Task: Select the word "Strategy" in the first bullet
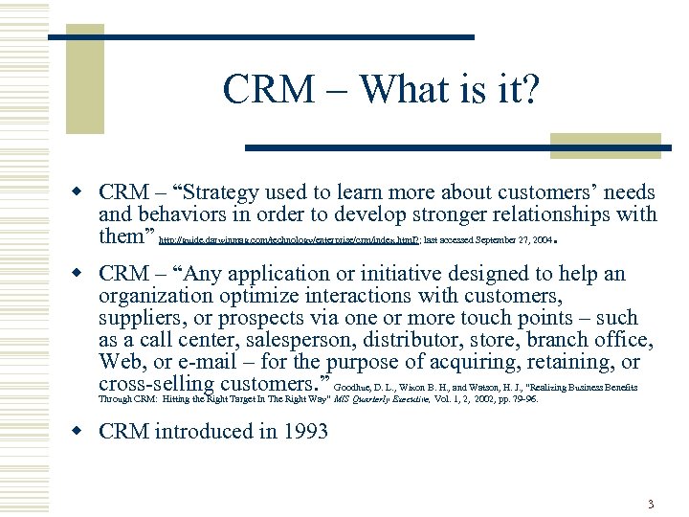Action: pyautogui.click(x=230, y=192)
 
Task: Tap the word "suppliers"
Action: pyautogui.click(x=138, y=319)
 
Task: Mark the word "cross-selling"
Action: pyautogui.click(x=157, y=385)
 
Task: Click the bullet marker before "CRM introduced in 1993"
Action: pyautogui.click(x=84, y=432)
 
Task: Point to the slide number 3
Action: pyautogui.click(x=650, y=504)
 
